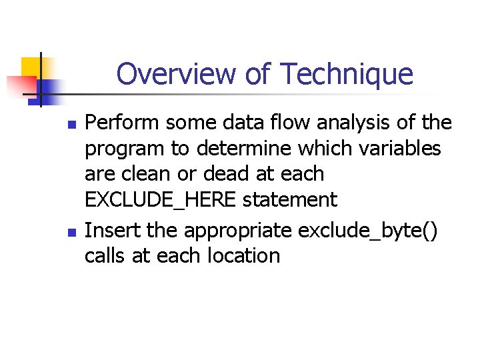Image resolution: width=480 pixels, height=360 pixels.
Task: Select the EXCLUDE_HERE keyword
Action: click(x=160, y=200)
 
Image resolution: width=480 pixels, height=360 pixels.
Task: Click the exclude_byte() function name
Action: click(x=368, y=231)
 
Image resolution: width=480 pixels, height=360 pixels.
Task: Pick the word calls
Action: click(x=105, y=255)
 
